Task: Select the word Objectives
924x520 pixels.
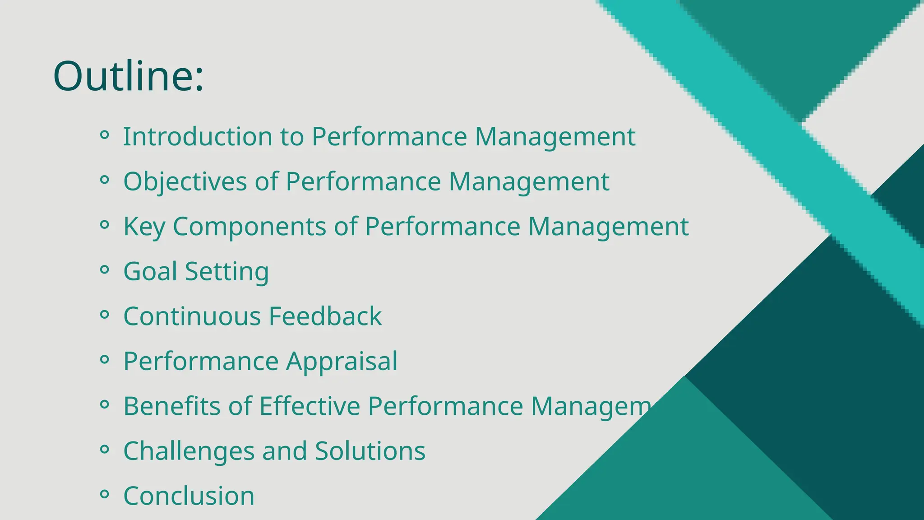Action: [x=185, y=182]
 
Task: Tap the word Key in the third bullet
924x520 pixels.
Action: [x=144, y=227]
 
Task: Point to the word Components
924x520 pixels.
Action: [x=249, y=227]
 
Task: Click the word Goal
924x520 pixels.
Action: [x=150, y=271]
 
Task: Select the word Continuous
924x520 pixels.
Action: [x=192, y=316]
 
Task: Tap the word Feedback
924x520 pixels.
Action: [x=325, y=316]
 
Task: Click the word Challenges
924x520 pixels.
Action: [x=189, y=451]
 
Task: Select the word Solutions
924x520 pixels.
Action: [x=370, y=451]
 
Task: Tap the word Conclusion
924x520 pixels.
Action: [x=189, y=496]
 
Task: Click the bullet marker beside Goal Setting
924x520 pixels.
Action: [x=104, y=269]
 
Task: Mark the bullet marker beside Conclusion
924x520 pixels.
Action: [x=104, y=494]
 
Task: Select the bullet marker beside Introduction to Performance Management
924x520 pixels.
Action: [x=104, y=135]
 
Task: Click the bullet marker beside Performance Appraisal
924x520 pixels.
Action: [x=104, y=359]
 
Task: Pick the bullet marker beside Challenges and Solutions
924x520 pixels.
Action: [x=104, y=449]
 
